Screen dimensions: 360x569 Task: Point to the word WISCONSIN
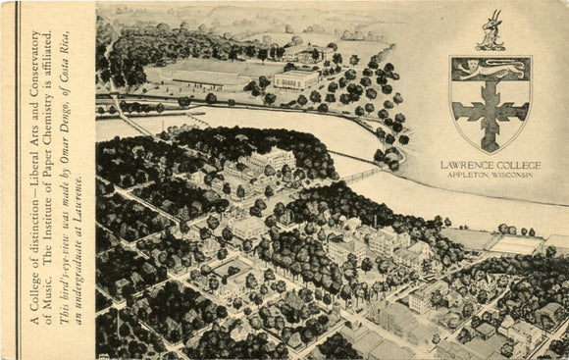coord(513,175)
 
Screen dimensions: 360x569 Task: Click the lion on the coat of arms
coord(490,69)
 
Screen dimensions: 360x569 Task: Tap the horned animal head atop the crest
coord(490,31)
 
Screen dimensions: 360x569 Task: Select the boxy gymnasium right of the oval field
coord(295,79)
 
